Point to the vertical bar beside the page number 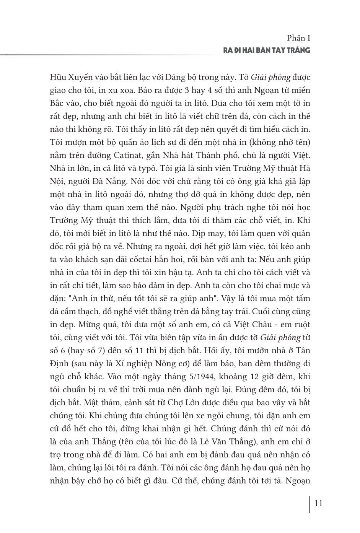tap(310, 504)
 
